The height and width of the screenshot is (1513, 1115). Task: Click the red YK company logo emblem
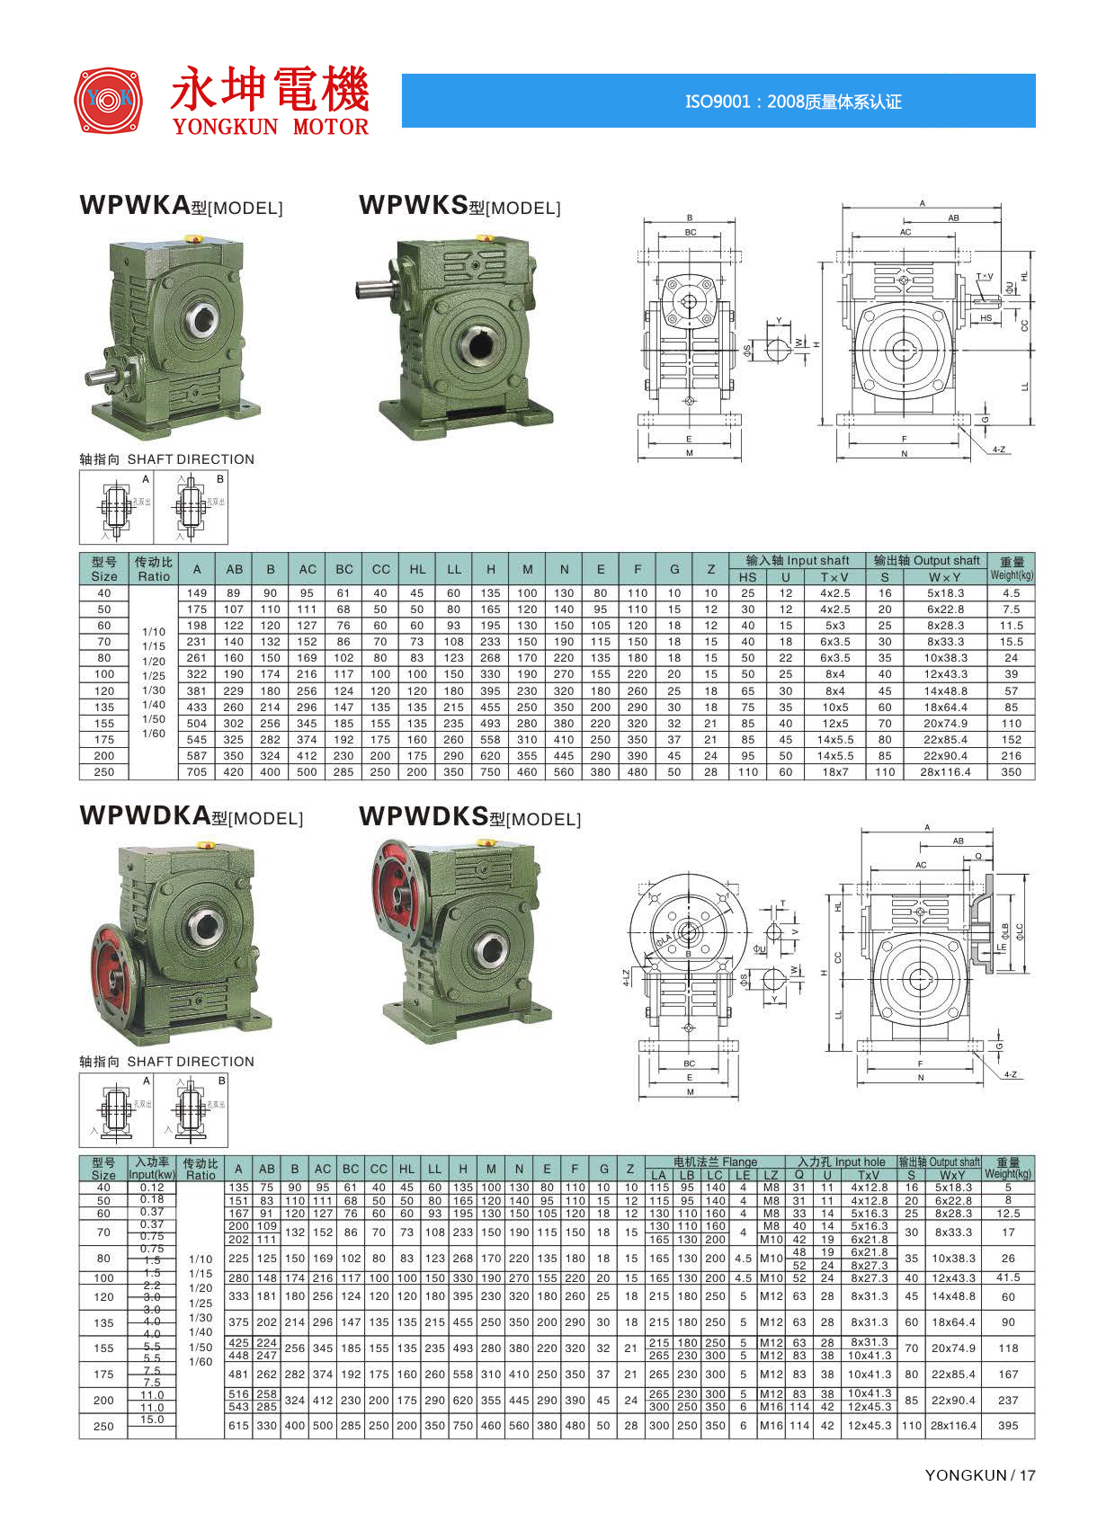(x=108, y=99)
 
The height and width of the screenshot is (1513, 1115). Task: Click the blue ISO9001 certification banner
(x=718, y=101)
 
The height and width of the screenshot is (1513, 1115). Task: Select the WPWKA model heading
(x=181, y=206)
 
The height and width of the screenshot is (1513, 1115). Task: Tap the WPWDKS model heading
(x=469, y=817)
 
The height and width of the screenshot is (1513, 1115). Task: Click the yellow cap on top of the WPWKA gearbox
(x=192, y=239)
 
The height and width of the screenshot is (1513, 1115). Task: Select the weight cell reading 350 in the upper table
(x=1011, y=772)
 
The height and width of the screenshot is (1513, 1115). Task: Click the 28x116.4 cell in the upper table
(x=945, y=772)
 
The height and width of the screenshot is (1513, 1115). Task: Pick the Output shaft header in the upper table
(x=926, y=560)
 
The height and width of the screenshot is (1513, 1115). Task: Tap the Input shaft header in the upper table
(x=797, y=560)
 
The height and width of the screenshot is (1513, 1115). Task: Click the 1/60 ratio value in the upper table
(x=154, y=734)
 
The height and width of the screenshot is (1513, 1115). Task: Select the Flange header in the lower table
(x=715, y=1161)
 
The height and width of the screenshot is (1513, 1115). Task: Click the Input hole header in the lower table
(x=841, y=1161)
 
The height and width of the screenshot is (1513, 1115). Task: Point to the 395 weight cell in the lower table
(x=1008, y=1426)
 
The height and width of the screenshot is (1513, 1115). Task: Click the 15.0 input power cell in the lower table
(x=152, y=1420)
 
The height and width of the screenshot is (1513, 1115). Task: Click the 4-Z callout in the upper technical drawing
(x=999, y=449)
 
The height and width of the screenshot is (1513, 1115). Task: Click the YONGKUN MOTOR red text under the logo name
(x=271, y=127)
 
